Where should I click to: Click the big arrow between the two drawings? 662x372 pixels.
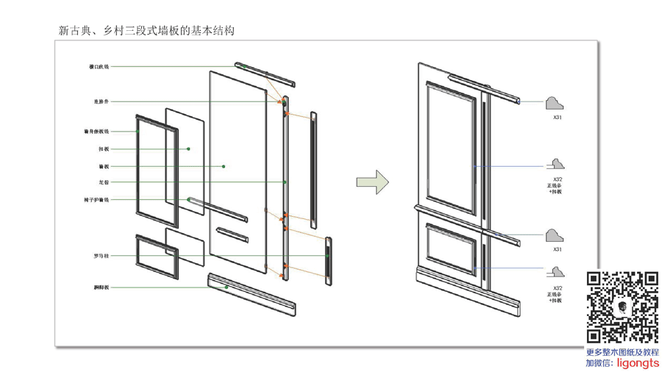pyautogui.click(x=373, y=182)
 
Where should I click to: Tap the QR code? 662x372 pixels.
pyautogui.click(x=622, y=307)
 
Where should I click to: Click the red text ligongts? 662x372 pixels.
pyautogui.click(x=638, y=363)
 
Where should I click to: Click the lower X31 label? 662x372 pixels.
pyautogui.click(x=558, y=250)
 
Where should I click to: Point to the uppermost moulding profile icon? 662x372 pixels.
pyautogui.click(x=555, y=104)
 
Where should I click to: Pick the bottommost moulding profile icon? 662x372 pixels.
pyautogui.click(x=555, y=272)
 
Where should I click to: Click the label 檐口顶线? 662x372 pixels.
pyautogui.click(x=99, y=67)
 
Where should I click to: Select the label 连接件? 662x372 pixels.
pyautogui.click(x=101, y=101)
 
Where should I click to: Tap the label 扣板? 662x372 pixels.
pyautogui.click(x=104, y=149)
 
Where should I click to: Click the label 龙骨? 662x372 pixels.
pyautogui.click(x=104, y=182)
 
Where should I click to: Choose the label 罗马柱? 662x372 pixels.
pyautogui.click(x=101, y=256)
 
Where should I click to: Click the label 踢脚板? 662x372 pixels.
pyautogui.click(x=101, y=287)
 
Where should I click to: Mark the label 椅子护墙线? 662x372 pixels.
pyautogui.click(x=96, y=200)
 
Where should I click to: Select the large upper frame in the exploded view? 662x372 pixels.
pyautogui.click(x=157, y=171)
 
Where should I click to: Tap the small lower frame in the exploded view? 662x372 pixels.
pyautogui.click(x=157, y=255)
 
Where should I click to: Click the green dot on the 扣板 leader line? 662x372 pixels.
pyautogui.click(x=188, y=149)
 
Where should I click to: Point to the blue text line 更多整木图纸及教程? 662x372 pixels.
pyautogui.click(x=622, y=352)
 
